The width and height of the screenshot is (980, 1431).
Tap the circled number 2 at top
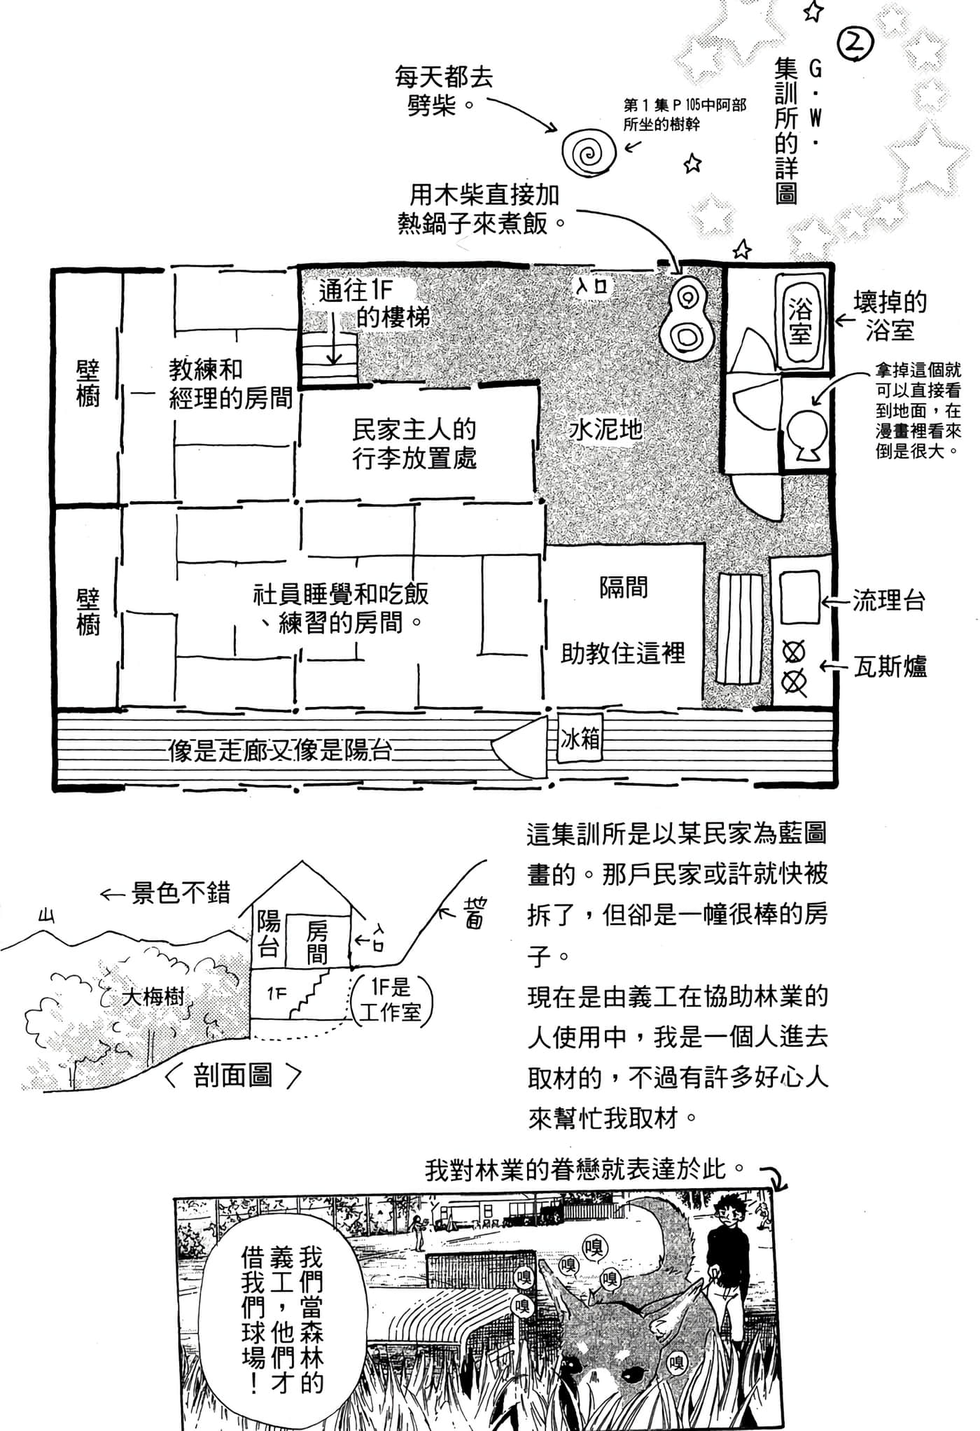(854, 43)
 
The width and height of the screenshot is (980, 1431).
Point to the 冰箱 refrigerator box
(580, 739)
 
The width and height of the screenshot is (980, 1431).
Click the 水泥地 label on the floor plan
(606, 429)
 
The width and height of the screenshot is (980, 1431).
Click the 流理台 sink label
(888, 601)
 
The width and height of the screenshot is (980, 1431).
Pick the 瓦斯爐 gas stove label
(890, 666)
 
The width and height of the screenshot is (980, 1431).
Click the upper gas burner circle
(794, 653)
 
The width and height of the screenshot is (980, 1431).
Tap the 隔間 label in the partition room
(623, 588)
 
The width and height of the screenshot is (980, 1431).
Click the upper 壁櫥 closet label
(88, 384)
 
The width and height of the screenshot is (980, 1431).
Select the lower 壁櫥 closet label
(88, 611)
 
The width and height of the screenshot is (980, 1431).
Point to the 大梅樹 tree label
(153, 997)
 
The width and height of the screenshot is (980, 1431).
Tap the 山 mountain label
(46, 915)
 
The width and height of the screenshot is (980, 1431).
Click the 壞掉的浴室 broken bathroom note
(889, 316)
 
